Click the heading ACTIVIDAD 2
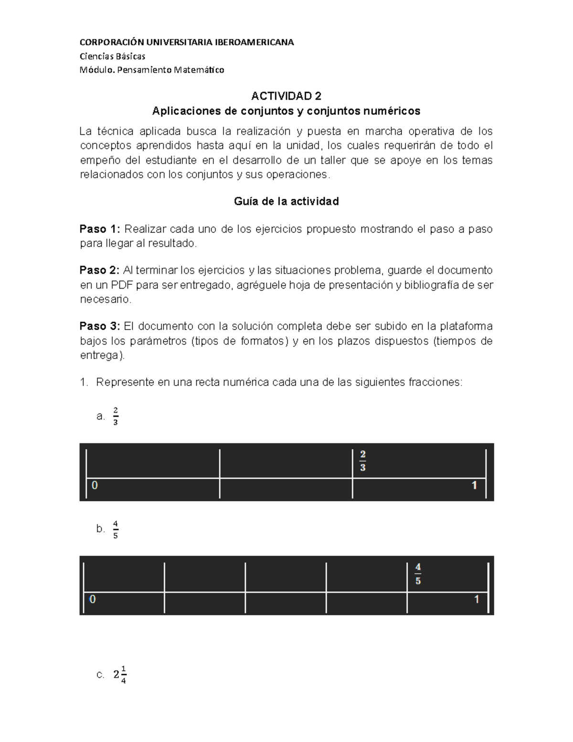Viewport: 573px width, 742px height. tap(286, 97)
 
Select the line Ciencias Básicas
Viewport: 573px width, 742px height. tap(112, 56)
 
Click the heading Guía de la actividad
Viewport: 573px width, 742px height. tap(286, 202)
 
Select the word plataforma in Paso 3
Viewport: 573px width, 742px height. tap(466, 326)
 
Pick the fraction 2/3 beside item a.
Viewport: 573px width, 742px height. tap(116, 416)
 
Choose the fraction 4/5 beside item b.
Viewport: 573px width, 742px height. tap(116, 529)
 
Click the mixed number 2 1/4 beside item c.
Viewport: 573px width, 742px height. tap(120, 675)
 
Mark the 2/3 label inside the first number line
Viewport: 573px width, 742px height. tap(363, 461)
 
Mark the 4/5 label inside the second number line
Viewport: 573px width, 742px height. tap(418, 574)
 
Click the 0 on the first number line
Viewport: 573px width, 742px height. tap(95, 485)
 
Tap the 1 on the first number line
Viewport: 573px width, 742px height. tap(474, 485)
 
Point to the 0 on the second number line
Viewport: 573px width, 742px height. tap(93, 599)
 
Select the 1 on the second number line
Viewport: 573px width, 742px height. tap(476, 599)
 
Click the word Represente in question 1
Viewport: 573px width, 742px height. tap(125, 382)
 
